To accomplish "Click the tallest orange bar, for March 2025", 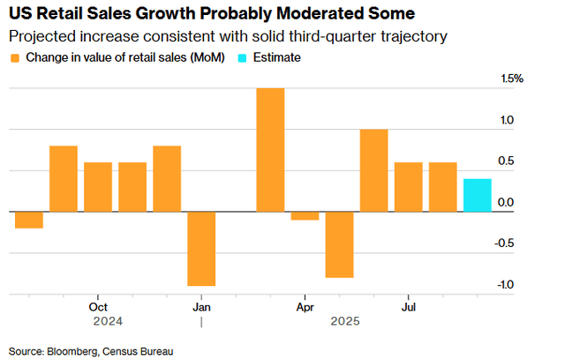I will (x=270, y=150).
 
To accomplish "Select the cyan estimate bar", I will (x=478, y=195).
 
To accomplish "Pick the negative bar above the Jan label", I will (x=201, y=249).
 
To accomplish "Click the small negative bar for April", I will (x=305, y=216).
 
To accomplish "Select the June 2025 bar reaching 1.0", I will (x=373, y=170).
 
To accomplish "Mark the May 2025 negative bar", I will (x=339, y=244).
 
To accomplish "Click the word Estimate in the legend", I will (x=277, y=57).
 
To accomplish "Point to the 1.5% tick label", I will (x=513, y=79).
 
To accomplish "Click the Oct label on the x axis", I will (x=98, y=307).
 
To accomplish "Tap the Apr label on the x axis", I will (x=305, y=307).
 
